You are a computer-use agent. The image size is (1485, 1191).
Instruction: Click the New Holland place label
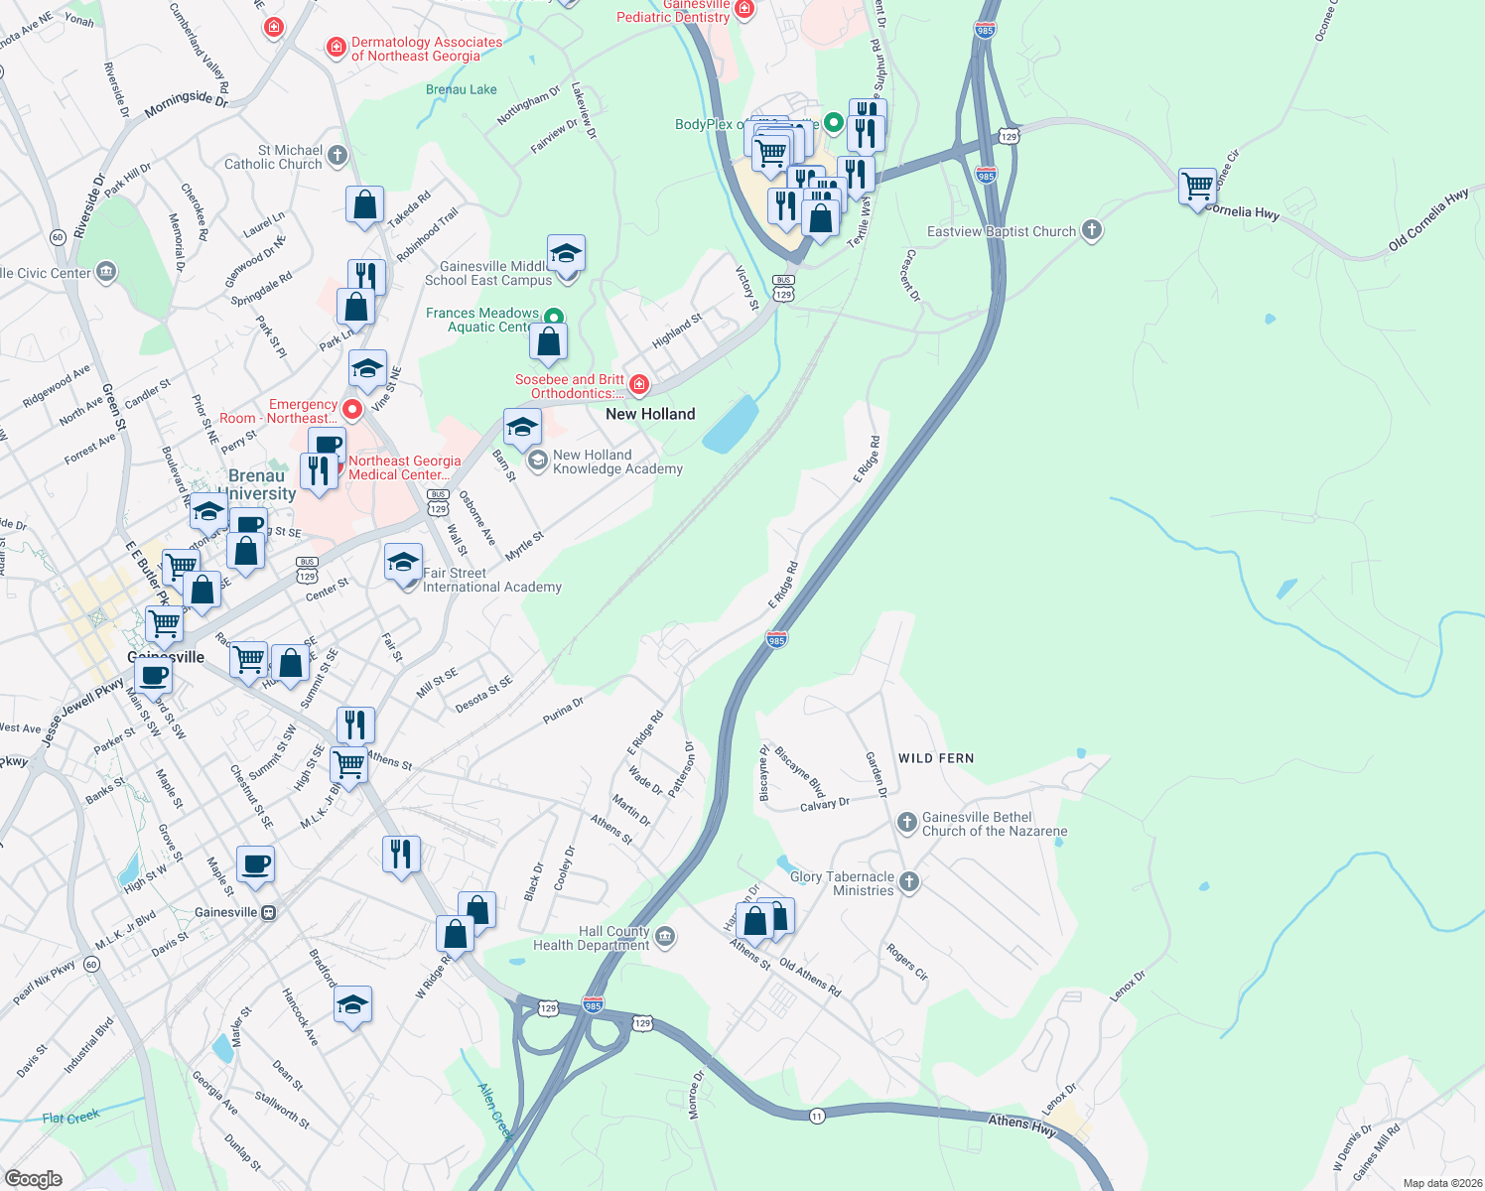pyautogui.click(x=650, y=414)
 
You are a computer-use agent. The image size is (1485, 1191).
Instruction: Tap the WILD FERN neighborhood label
pyautogui.click(x=936, y=758)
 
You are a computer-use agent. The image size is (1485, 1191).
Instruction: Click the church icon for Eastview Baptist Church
pyautogui.click(x=1091, y=231)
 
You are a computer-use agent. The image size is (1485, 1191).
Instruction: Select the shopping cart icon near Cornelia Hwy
pyautogui.click(x=1197, y=186)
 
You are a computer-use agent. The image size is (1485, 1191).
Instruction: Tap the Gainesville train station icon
pyautogui.click(x=268, y=912)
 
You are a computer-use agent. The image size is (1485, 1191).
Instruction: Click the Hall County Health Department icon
pyautogui.click(x=665, y=937)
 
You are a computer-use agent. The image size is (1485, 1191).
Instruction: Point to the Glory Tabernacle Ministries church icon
pyautogui.click(x=908, y=882)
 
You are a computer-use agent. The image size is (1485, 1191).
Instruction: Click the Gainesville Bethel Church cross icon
pyautogui.click(x=906, y=823)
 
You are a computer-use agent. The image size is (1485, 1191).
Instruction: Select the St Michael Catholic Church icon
pyautogui.click(x=337, y=155)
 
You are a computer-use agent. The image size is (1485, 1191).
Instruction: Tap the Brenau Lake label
pyautogui.click(x=462, y=89)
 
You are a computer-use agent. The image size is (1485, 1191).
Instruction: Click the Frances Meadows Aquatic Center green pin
pyautogui.click(x=554, y=318)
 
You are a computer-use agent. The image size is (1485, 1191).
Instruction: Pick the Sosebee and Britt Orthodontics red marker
pyautogui.click(x=639, y=385)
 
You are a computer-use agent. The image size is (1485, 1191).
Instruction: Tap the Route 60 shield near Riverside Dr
pyautogui.click(x=58, y=237)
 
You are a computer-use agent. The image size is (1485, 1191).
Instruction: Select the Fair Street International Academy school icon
pyautogui.click(x=403, y=564)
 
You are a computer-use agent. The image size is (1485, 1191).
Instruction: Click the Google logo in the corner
pyautogui.click(x=33, y=1178)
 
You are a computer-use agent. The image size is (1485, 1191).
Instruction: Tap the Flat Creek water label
pyautogui.click(x=71, y=1118)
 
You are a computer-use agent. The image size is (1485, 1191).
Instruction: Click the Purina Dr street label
pyautogui.click(x=563, y=711)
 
